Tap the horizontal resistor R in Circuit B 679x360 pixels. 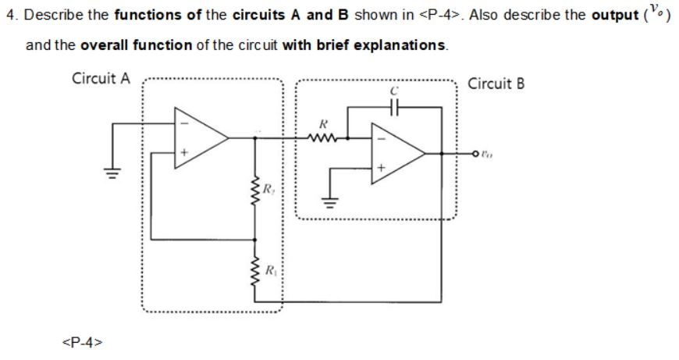point(322,137)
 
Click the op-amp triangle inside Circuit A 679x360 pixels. point(200,137)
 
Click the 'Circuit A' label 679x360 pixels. point(101,79)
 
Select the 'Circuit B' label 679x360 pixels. point(496,84)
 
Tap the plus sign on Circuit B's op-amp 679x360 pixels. point(382,168)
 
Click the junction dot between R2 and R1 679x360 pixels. point(254,237)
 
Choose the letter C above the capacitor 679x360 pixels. point(396,92)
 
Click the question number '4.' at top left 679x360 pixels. point(11,17)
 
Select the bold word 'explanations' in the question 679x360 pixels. point(400,45)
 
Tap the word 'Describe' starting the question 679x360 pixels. point(50,17)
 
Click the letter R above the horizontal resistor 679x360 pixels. point(322,123)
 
